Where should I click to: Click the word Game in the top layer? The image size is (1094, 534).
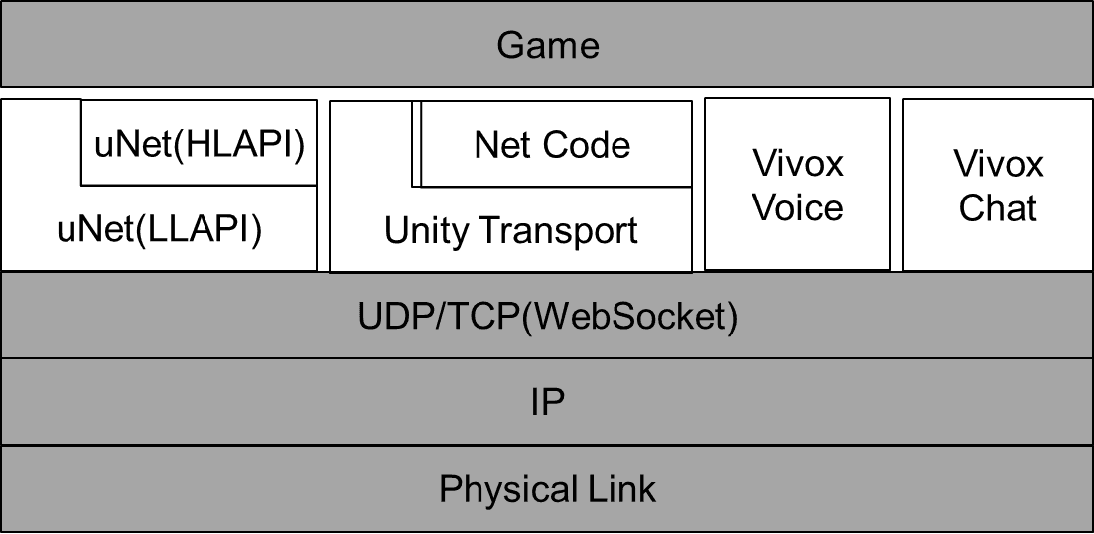pos(548,46)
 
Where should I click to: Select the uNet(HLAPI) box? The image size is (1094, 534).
pos(199,143)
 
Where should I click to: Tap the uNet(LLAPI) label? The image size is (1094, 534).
pos(159,230)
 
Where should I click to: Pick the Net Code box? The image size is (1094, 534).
pos(556,144)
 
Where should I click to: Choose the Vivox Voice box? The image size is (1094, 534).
pos(797,184)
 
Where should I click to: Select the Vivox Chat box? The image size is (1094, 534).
pos(998,185)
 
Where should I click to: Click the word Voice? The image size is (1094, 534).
pos(799,207)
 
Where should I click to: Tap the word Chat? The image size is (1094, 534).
pos(998,207)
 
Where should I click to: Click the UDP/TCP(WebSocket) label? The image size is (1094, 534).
pos(548,318)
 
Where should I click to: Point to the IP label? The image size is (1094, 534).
pos(548,403)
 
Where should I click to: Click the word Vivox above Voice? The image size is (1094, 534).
pos(798,163)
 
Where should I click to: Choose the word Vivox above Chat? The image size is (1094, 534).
pos(999,165)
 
